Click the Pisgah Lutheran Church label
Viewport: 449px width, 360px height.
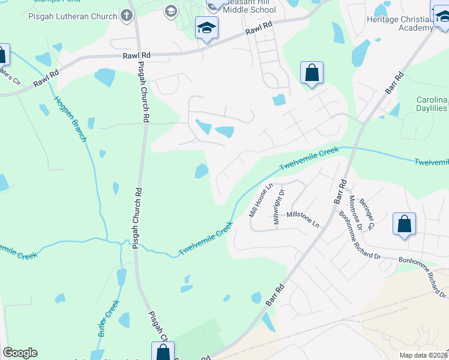point(73,14)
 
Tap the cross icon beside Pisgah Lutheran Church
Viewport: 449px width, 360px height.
point(127,14)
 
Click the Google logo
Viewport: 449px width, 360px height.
point(20,353)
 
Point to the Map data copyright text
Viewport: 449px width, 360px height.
point(423,355)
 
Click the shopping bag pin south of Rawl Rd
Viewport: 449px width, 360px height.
point(312,74)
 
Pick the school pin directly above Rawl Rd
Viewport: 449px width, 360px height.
point(206,28)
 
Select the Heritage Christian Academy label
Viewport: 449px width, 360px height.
point(399,24)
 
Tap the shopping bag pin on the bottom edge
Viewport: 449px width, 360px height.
point(162,352)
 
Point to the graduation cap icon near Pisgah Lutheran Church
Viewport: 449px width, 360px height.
point(171,11)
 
